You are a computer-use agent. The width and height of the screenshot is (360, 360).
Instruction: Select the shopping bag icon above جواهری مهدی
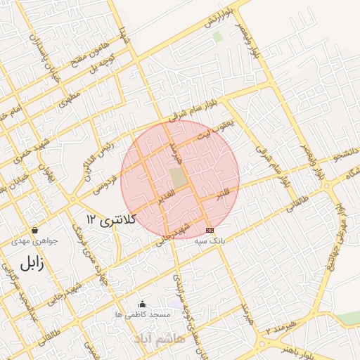(34, 231)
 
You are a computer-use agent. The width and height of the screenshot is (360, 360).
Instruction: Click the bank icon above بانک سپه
(209, 231)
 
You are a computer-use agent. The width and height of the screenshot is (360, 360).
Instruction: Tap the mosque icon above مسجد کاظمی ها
(143, 304)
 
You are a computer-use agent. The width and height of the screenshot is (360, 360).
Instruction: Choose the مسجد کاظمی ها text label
(143, 315)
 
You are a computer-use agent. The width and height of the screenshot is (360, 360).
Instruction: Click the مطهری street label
(68, 99)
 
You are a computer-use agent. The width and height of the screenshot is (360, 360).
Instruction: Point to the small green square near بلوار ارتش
(217, 36)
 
